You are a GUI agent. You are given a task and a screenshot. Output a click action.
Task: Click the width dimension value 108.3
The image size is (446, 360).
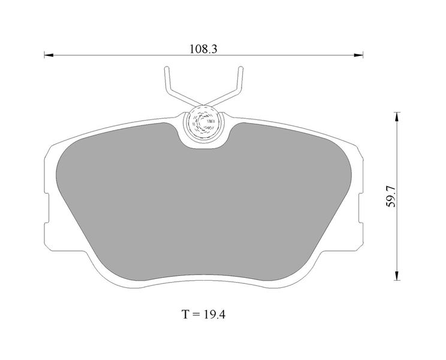(x=203, y=49)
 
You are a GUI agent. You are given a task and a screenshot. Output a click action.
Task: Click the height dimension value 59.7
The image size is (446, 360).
(x=391, y=196)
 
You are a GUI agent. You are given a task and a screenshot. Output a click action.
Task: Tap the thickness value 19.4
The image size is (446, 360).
(x=214, y=314)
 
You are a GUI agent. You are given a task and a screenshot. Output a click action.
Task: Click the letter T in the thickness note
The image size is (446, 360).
(x=185, y=314)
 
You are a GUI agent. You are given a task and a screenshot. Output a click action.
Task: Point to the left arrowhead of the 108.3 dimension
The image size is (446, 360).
(x=49, y=55)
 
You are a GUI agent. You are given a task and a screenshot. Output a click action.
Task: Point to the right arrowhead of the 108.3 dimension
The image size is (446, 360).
(x=358, y=55)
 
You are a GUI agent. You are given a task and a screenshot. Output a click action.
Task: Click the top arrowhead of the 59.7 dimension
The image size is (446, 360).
(x=397, y=117)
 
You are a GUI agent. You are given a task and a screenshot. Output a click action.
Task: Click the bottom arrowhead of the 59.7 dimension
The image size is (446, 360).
(x=397, y=275)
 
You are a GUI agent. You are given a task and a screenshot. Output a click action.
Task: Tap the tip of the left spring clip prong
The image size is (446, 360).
(x=167, y=68)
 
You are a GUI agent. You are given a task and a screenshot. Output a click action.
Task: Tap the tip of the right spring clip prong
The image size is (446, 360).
(x=240, y=68)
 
